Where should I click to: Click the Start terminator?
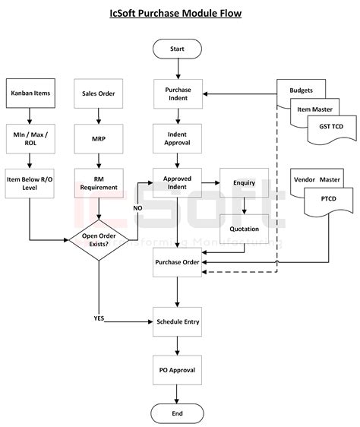pos(177,49)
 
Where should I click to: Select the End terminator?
pos(177,413)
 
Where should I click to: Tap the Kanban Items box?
pos(30,93)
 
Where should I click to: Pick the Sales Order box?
pos(98,93)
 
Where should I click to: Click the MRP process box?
pos(99,138)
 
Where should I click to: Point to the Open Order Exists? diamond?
pos(99,240)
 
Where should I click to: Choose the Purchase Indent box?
pos(178,94)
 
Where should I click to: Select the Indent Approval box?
pos(177,138)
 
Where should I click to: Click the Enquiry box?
pos(245,182)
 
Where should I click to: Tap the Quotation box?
pos(245,229)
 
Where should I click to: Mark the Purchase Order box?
pos(177,262)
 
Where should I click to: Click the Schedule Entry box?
pos(177,321)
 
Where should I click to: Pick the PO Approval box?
pos(177,370)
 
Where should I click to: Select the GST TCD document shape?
pos(332,130)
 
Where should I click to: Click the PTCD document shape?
pos(329,201)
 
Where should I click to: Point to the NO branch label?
pos(137,208)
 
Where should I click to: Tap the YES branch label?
pos(99,318)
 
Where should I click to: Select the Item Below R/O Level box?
pos(30,183)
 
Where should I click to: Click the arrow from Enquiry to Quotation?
pos(245,206)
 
